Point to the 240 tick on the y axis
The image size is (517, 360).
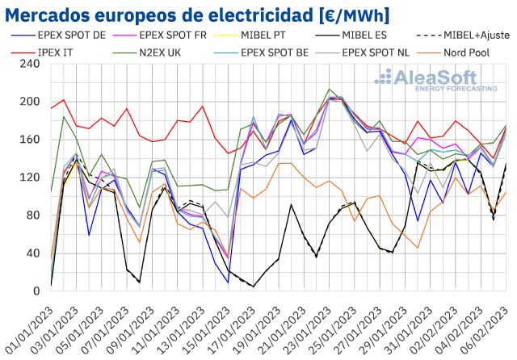coord(30,63)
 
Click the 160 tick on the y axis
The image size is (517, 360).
coord(30,139)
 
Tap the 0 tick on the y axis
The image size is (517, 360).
coord(36,291)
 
